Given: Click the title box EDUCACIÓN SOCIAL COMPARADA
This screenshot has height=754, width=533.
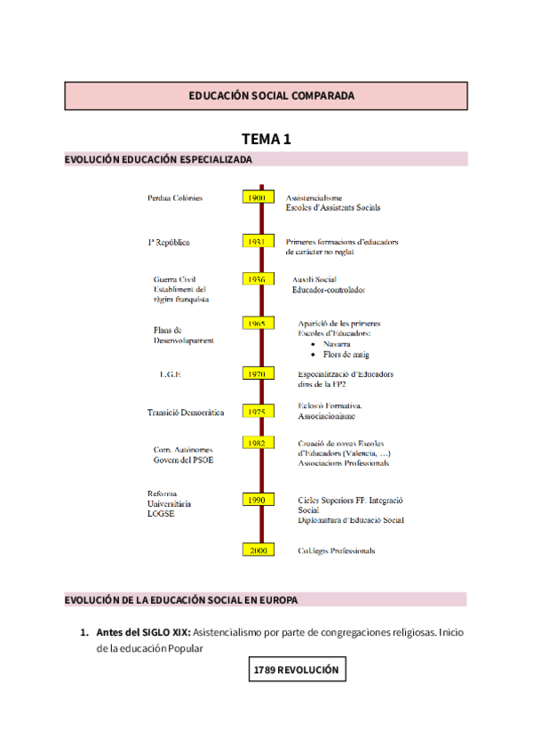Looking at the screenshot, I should [x=266, y=96].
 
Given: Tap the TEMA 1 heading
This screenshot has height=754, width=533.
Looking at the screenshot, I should [x=266, y=139].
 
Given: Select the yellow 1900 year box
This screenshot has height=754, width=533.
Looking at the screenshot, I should [x=257, y=197].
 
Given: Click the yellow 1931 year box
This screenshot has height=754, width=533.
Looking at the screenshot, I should [x=257, y=241].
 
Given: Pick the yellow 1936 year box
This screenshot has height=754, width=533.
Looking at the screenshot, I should [x=257, y=279].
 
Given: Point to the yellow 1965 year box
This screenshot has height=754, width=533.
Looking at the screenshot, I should [x=257, y=324].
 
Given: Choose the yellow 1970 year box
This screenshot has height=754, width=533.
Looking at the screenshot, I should [x=257, y=373].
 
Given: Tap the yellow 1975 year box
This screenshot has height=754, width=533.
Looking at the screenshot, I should [x=257, y=412].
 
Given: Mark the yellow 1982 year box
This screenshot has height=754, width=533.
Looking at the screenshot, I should [x=257, y=443].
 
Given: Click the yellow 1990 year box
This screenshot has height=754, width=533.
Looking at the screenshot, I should [x=257, y=501].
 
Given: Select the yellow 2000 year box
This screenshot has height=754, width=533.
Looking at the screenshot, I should [x=257, y=550].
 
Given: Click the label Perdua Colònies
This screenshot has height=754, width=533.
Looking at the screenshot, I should [x=175, y=197].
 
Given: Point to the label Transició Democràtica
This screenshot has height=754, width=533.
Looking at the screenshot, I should [x=186, y=413].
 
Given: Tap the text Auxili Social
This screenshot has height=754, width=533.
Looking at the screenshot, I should [x=314, y=279].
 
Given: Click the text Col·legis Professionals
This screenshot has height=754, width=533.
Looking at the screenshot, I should [x=336, y=551].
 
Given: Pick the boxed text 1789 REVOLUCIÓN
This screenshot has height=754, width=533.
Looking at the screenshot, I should [x=298, y=670].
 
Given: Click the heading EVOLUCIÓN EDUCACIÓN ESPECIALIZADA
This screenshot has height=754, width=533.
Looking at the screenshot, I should [x=158, y=160].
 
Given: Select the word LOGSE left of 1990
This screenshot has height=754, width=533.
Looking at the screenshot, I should [x=161, y=514].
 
